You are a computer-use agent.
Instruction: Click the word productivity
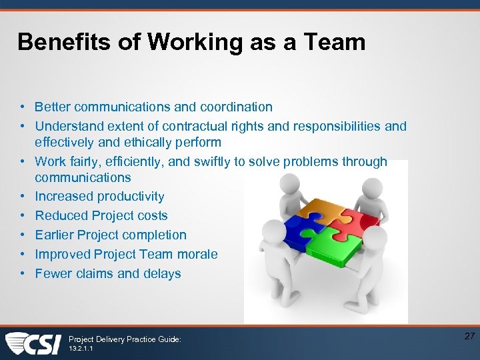[x=131, y=196]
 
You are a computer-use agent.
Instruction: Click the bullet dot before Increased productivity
[x=23, y=196]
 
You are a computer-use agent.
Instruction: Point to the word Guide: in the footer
[x=168, y=339]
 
